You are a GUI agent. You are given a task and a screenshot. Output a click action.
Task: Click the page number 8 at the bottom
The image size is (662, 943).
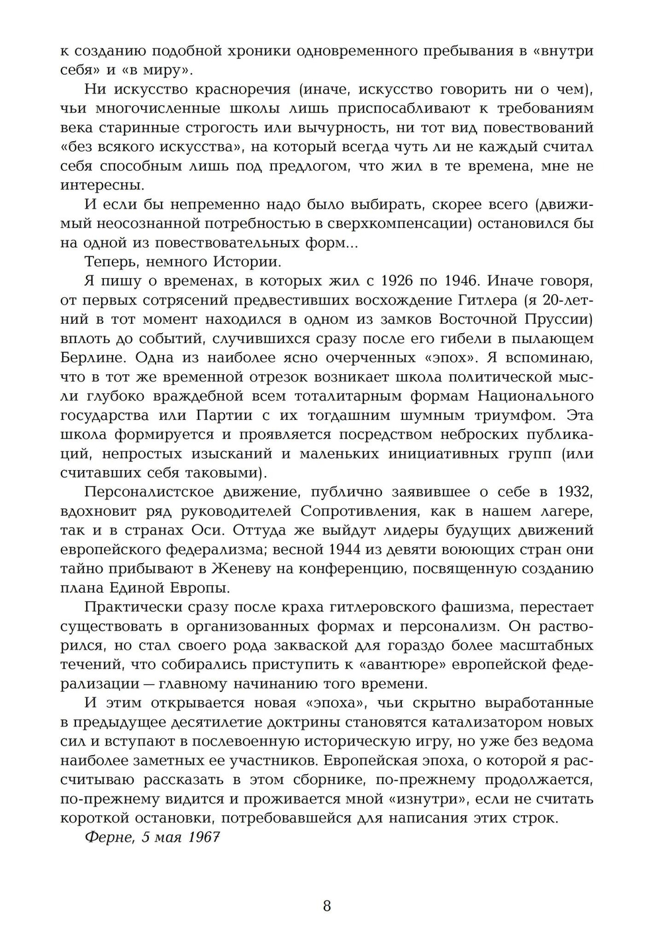[327, 906]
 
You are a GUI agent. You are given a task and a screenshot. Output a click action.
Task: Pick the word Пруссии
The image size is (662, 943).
[562, 319]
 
